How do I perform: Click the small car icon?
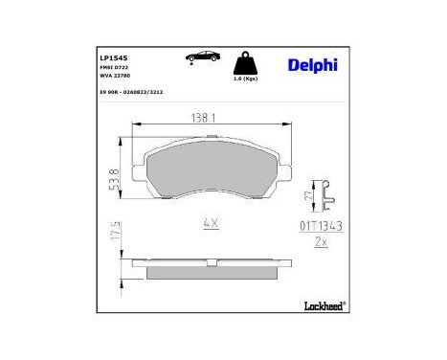(x=199, y=60)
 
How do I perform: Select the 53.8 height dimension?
(x=115, y=173)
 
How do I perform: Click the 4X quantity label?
(x=211, y=222)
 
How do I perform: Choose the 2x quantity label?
(x=322, y=242)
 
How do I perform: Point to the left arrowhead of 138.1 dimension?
(x=134, y=124)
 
